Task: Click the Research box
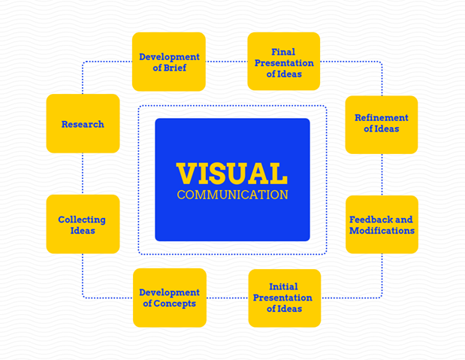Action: click(x=83, y=124)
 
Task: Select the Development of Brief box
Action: click(x=169, y=62)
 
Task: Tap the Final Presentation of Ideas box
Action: click(x=284, y=62)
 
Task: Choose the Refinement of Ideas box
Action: click(x=382, y=124)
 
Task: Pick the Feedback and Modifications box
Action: click(x=382, y=225)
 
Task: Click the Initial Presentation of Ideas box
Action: click(x=284, y=298)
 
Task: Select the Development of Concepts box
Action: click(x=169, y=298)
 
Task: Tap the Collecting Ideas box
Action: click(x=83, y=225)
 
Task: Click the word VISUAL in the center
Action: click(x=232, y=174)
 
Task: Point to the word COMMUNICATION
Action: click(x=232, y=195)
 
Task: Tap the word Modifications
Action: click(x=382, y=231)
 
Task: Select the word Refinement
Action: click(x=382, y=118)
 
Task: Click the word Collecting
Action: click(x=82, y=219)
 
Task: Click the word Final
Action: click(x=284, y=52)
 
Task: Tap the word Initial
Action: click(x=284, y=286)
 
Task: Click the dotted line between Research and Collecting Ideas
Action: click(x=83, y=174)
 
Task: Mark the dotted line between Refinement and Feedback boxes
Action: click(x=382, y=174)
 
